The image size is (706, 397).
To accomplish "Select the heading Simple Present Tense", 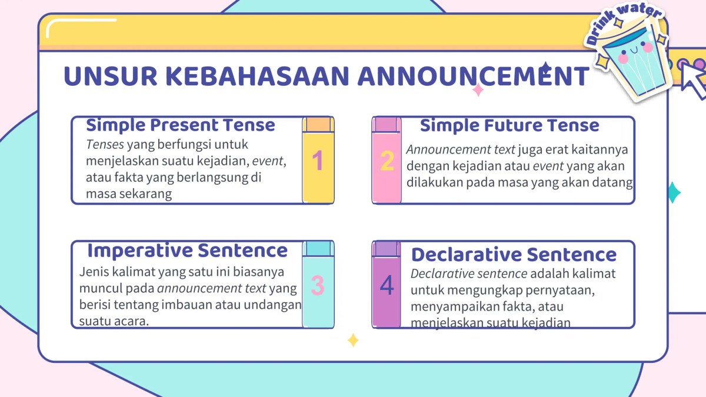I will click(181, 125).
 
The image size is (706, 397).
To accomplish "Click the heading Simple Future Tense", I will click(509, 125).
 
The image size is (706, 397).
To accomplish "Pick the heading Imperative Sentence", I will click(187, 251).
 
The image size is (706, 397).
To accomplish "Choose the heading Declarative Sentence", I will click(514, 255).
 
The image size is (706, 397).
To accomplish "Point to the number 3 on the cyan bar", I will click(318, 286).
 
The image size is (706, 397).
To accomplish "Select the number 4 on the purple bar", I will click(387, 286).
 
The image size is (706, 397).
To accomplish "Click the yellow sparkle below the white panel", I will click(353, 340).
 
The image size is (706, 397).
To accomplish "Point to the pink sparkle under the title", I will click(478, 90).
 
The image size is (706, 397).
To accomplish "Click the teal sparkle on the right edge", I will click(674, 192).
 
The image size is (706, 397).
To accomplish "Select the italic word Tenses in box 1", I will click(105, 144).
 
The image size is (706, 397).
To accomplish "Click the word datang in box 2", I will click(615, 182).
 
